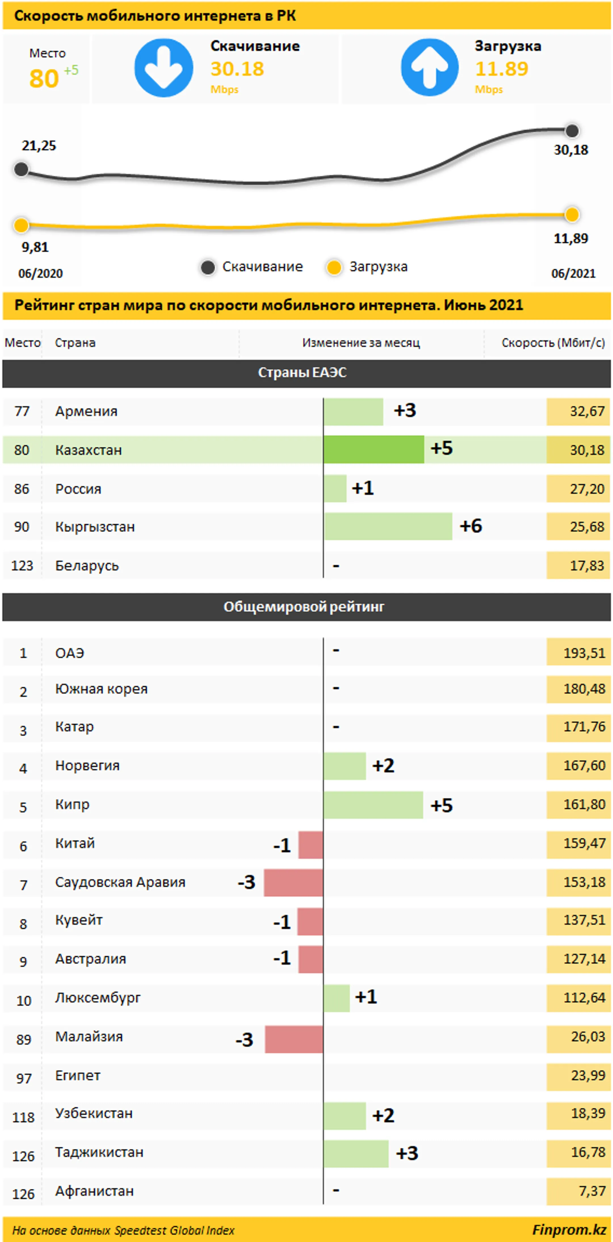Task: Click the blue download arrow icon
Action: (x=163, y=68)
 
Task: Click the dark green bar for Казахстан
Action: (x=374, y=449)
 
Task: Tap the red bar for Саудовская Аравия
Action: (x=293, y=882)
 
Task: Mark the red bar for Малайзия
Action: (x=294, y=1039)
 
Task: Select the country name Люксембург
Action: (x=98, y=997)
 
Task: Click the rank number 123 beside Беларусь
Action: (x=22, y=565)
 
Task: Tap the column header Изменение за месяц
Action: (x=361, y=343)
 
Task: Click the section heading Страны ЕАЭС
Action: (x=302, y=372)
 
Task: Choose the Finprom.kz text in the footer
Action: (x=569, y=1229)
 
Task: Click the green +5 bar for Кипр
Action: (x=373, y=805)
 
